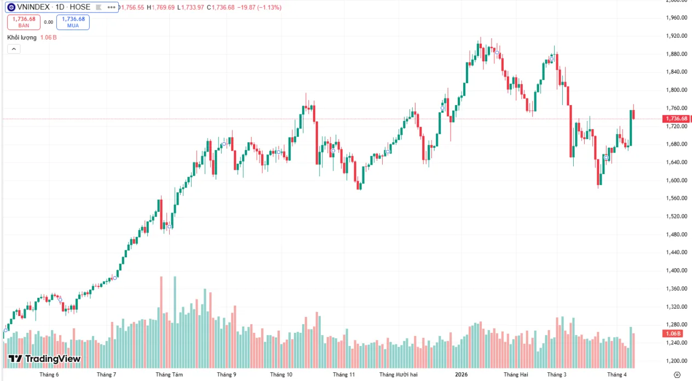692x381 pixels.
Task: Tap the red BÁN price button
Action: point(24,22)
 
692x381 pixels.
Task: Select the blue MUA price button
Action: point(72,22)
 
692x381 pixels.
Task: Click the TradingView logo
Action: point(44,359)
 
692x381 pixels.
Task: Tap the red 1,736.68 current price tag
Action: point(676,119)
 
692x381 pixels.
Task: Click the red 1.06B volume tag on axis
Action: point(673,333)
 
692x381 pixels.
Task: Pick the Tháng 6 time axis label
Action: point(49,375)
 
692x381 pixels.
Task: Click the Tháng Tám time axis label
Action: point(169,375)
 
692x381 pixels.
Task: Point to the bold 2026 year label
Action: point(462,375)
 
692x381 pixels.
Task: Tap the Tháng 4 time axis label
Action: point(616,375)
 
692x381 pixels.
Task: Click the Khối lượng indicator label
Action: point(22,37)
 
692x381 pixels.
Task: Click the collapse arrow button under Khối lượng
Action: point(14,49)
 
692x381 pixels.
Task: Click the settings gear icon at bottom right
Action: point(677,375)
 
